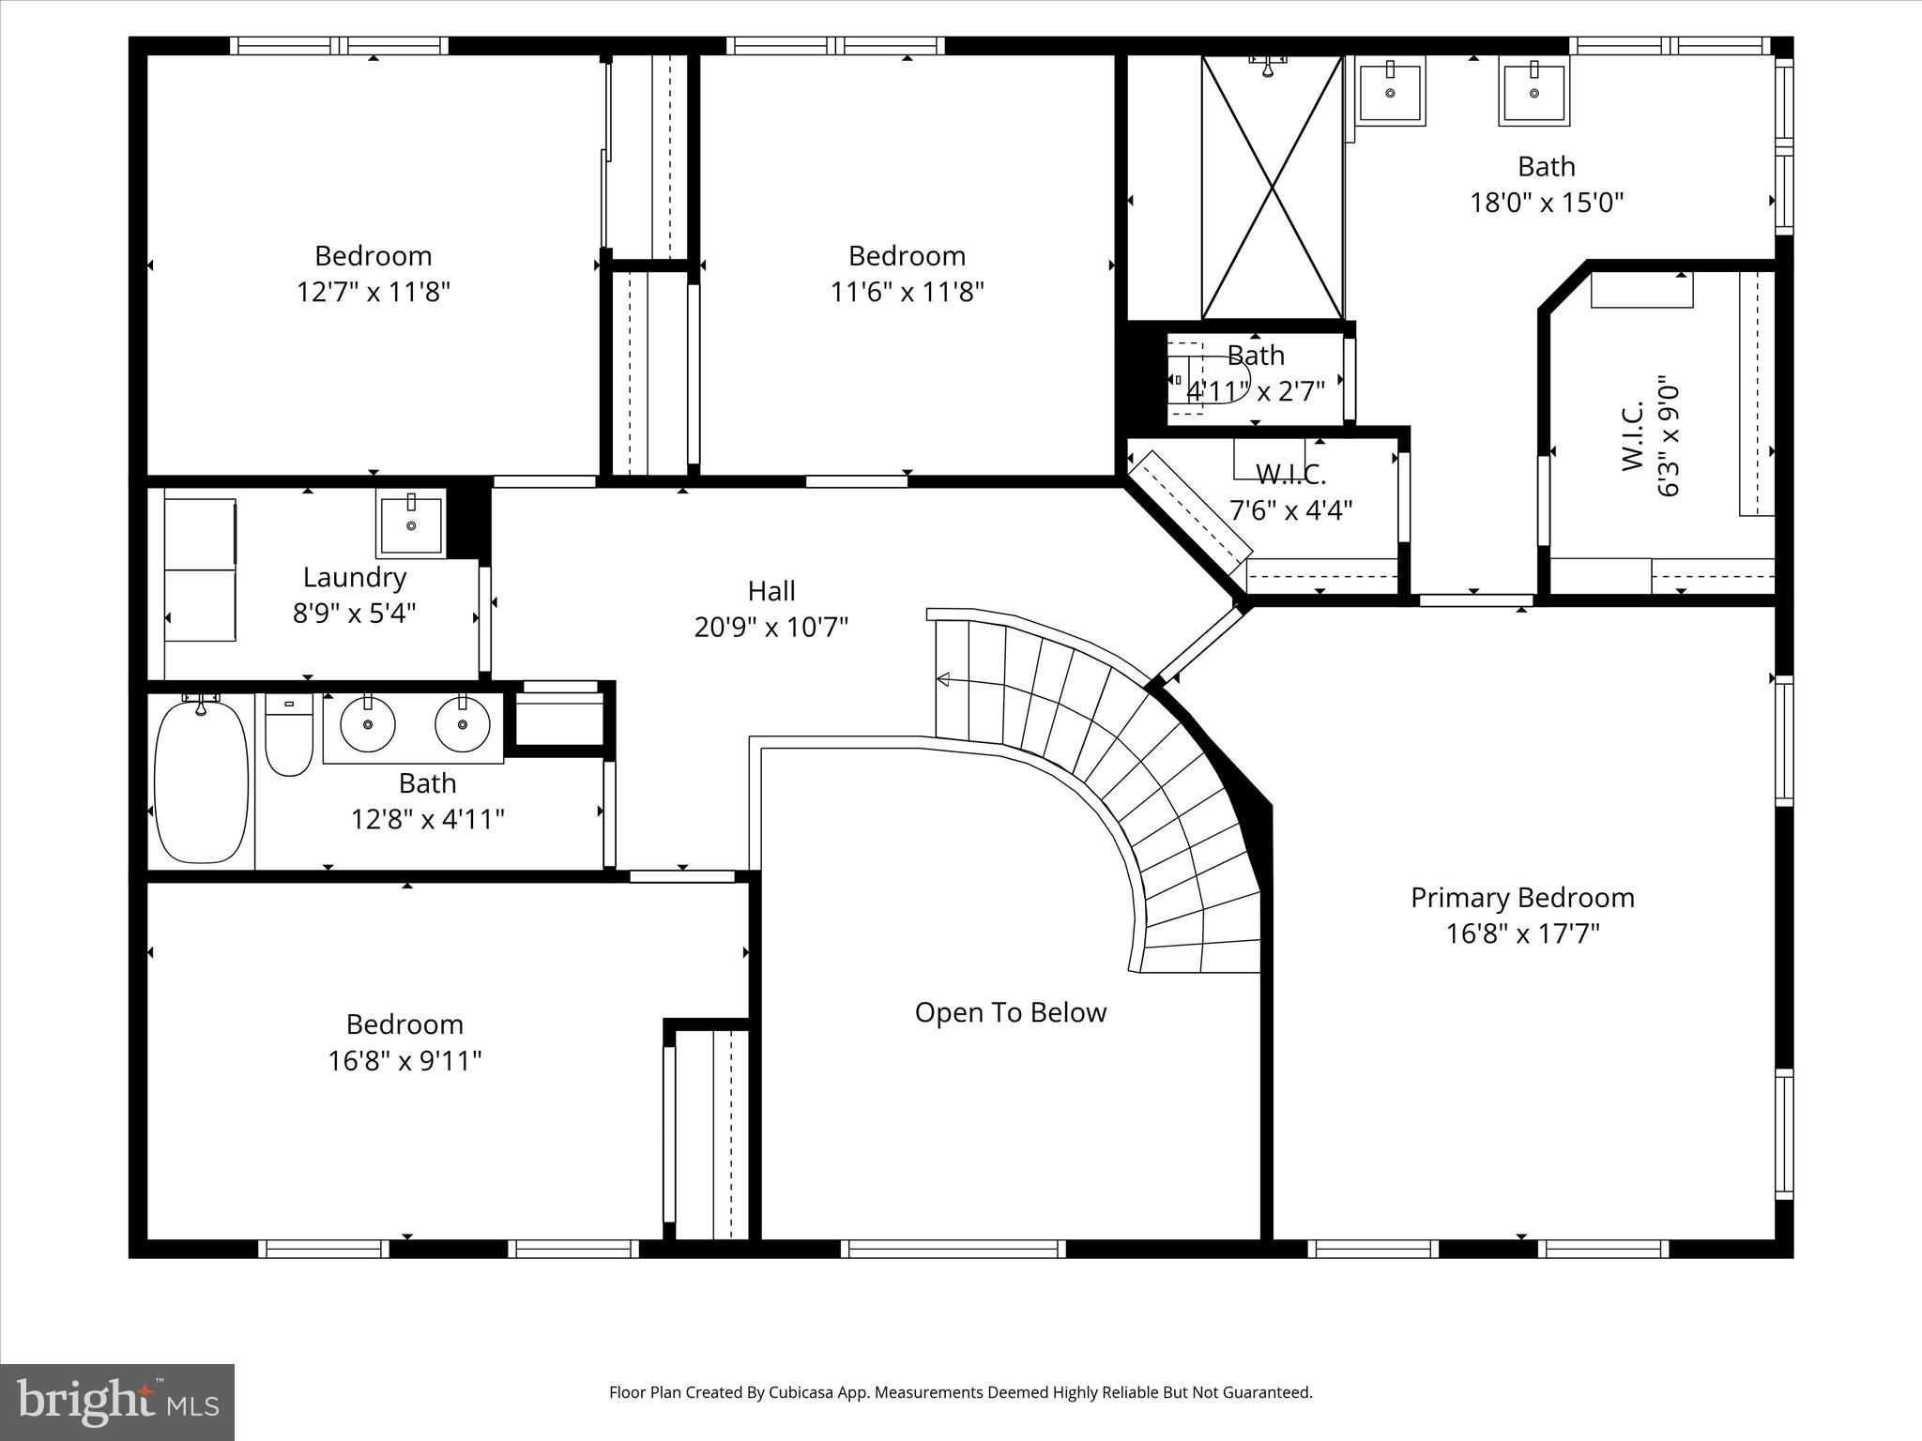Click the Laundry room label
click(x=354, y=578)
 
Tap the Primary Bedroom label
click(x=1522, y=898)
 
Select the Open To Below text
click(x=1010, y=1012)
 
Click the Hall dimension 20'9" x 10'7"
click(x=770, y=627)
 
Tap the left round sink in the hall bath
click(x=367, y=724)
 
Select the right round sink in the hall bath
click(x=462, y=724)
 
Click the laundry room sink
click(x=411, y=525)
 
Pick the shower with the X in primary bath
click(x=1272, y=188)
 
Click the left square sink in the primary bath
click(x=1390, y=91)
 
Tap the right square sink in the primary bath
click(x=1533, y=92)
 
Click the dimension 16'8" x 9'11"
click(x=404, y=1061)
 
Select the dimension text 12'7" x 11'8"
click(x=374, y=292)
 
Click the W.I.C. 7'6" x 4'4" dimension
click(x=1290, y=510)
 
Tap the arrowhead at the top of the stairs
click(x=942, y=679)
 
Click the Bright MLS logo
click(x=116, y=1402)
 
